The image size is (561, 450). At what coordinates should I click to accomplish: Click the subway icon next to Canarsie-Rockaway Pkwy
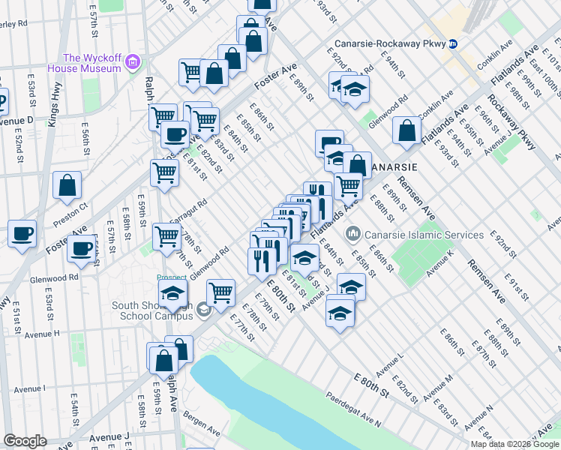(453, 43)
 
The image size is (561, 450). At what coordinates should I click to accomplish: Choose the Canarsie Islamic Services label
(424, 235)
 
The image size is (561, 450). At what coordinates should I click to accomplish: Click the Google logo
(25, 441)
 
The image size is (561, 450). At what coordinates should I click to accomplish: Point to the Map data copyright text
(515, 444)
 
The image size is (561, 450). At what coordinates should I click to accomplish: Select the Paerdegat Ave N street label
(352, 409)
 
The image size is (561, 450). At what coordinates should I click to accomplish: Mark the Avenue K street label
(441, 259)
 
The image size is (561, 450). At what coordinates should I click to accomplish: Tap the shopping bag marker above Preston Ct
(67, 185)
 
